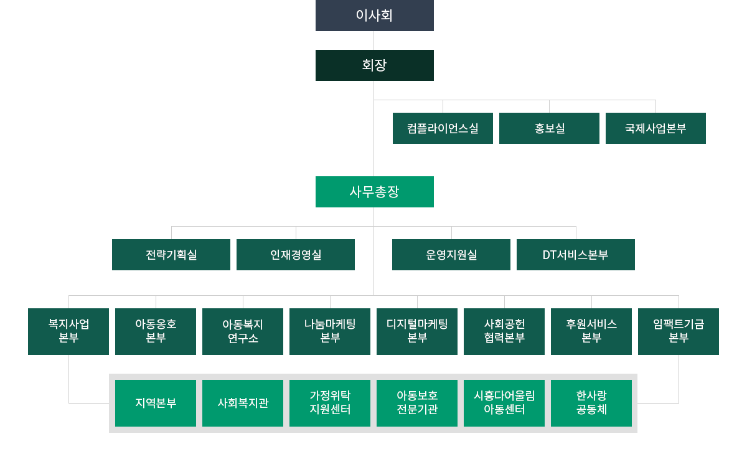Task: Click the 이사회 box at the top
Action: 374,16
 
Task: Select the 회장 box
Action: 374,65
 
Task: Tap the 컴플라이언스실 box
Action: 443,128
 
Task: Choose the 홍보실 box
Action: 549,128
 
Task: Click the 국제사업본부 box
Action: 655,128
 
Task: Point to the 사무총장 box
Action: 374,192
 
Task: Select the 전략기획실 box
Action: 171,255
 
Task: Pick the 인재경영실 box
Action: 296,255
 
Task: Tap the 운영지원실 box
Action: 451,255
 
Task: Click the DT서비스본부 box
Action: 576,255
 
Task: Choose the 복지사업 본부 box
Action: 68,331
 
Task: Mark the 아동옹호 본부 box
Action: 156,331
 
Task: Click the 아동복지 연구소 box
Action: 243,331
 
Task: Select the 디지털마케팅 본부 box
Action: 417,331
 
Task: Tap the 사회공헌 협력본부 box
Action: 504,331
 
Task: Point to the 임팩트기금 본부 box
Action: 679,331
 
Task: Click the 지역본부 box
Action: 156,403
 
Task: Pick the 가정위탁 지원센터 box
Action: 330,403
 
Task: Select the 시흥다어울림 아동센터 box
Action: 504,403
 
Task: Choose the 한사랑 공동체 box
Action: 591,403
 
